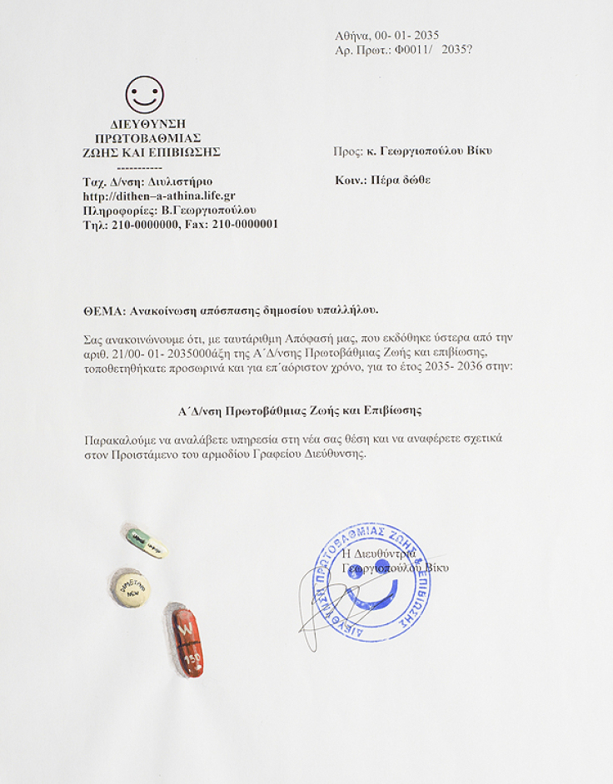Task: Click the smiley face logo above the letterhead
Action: coord(144,95)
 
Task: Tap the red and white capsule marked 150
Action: coord(187,640)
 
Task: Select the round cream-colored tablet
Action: coord(131,588)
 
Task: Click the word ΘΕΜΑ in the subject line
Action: coord(103,310)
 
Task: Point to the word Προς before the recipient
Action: coord(346,151)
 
